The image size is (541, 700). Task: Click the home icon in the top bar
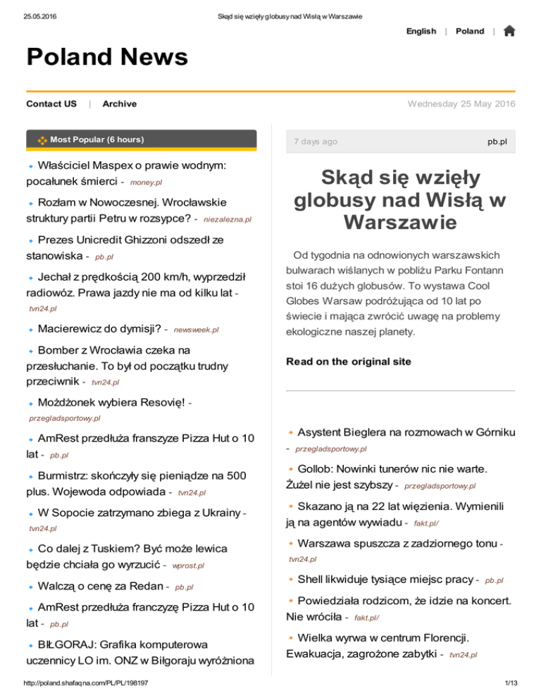pos(509,31)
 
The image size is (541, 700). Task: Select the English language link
pos(421,32)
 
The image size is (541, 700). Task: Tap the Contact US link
pos(51,104)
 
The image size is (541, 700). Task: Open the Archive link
pos(120,104)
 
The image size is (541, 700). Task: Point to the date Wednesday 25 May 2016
pos(461,104)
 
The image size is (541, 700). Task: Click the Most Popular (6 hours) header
pos(97,140)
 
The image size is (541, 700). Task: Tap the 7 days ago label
pos(315,142)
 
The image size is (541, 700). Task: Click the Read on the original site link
pos(348,362)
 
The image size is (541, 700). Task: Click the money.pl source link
pos(147,183)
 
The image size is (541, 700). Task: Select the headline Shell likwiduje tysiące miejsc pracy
pos(385,579)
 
